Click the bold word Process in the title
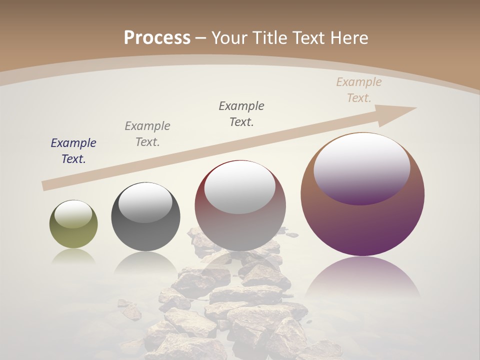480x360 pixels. (x=157, y=37)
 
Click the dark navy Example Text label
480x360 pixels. (x=73, y=150)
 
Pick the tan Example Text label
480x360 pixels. (x=358, y=89)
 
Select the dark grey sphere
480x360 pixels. (x=145, y=235)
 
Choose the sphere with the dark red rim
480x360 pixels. (x=240, y=230)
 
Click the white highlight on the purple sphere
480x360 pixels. (x=361, y=167)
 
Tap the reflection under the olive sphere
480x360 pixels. (x=73, y=256)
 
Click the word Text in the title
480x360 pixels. (x=309, y=37)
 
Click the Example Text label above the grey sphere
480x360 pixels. (x=147, y=133)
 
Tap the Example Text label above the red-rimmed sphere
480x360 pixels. (x=241, y=113)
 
